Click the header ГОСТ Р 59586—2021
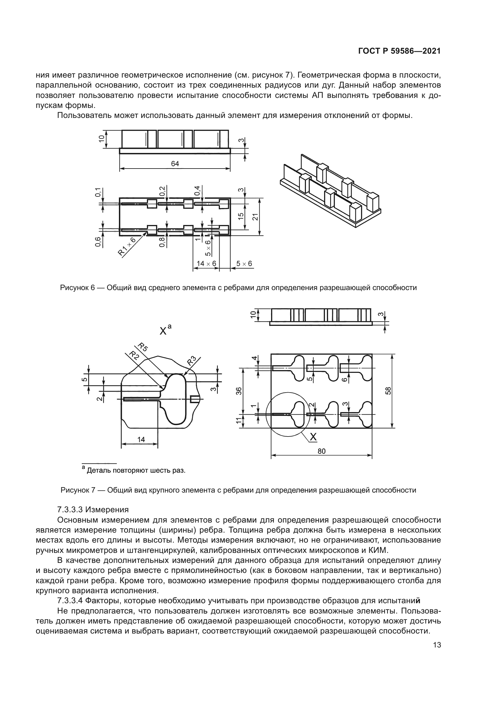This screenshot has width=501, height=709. tap(399, 51)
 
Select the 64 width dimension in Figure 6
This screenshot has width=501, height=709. tap(175, 164)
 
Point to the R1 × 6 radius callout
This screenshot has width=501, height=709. tap(127, 246)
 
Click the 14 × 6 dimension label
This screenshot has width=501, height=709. tap(206, 263)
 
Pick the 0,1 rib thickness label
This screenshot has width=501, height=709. tap(98, 192)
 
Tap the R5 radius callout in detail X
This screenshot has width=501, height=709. tap(143, 347)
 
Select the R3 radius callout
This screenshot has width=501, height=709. tap(191, 361)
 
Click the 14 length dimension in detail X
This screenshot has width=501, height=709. tap(141, 439)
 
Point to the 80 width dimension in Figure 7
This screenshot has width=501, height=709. tap(321, 451)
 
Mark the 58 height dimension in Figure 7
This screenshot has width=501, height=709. tap(388, 391)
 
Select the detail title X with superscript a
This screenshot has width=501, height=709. tap(165, 330)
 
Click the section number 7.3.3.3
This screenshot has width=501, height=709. tap(70, 509)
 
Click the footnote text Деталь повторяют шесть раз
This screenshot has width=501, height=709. tap(136, 471)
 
